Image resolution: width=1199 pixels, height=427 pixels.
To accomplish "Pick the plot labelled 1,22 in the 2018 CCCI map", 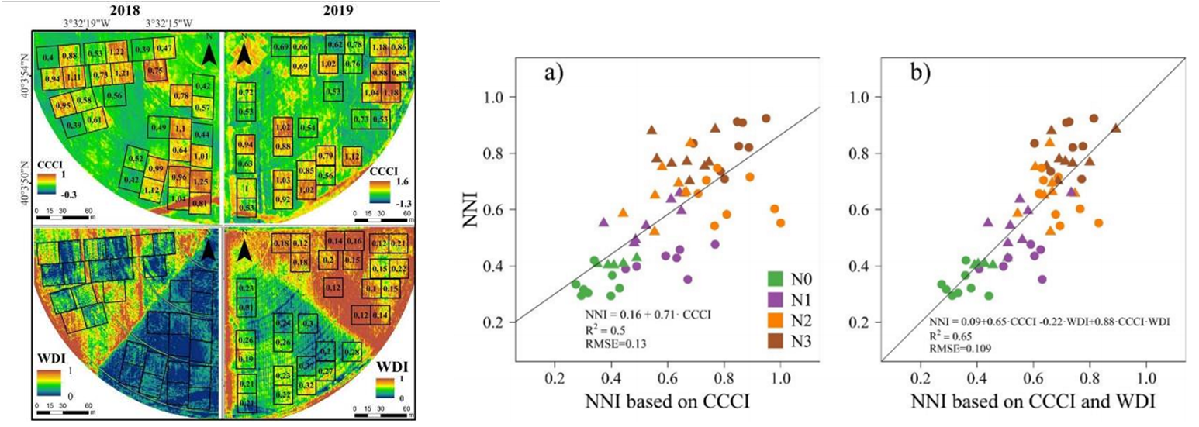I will pyautogui.click(x=118, y=52).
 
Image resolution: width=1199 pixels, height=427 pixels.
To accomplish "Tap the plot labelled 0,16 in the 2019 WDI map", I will pyautogui.click(x=353, y=243).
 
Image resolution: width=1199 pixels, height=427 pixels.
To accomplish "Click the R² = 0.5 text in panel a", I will pyautogui.click(x=603, y=328).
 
